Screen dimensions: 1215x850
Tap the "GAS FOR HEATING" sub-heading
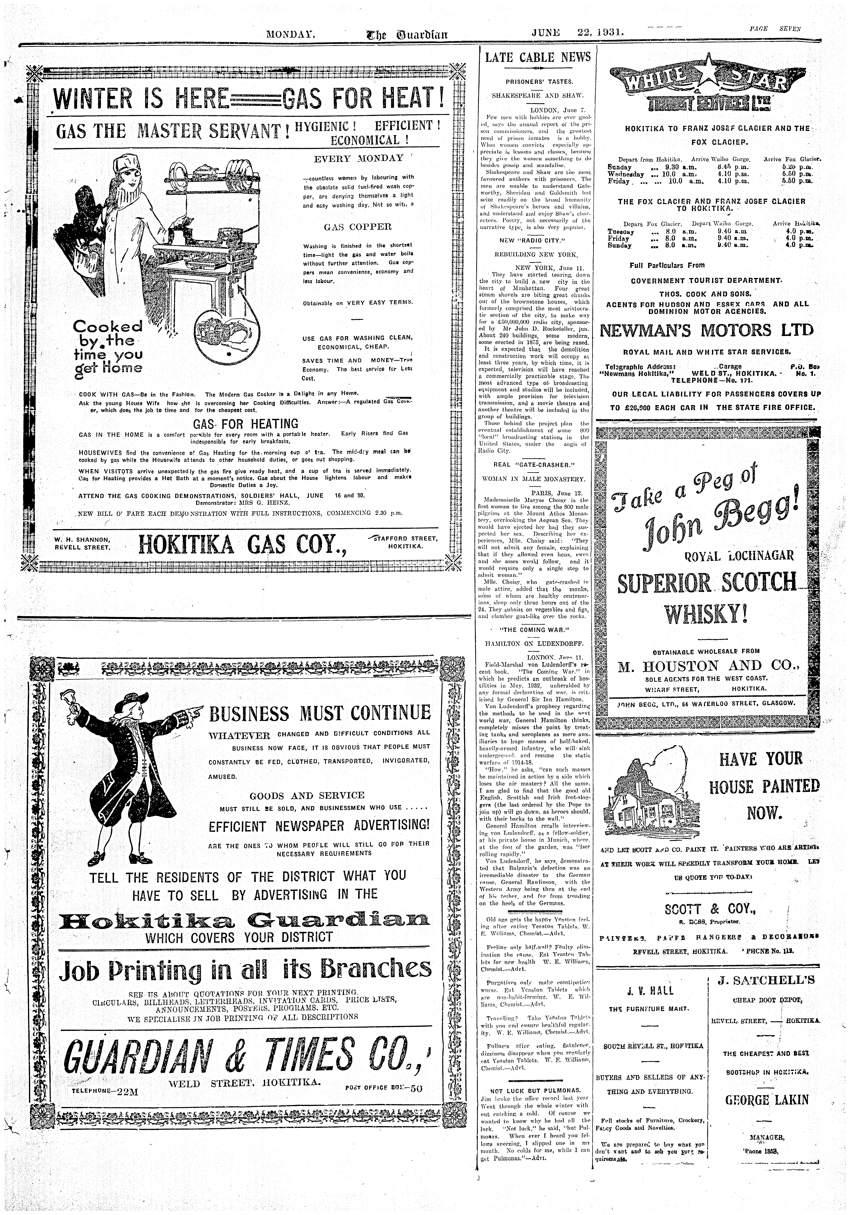(x=246, y=423)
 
